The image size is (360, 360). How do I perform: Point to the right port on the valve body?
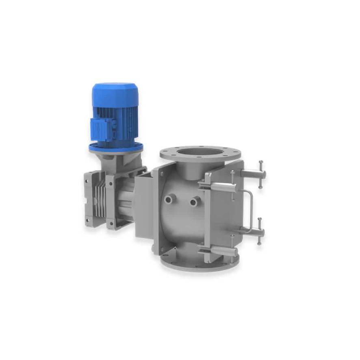tap(195, 201)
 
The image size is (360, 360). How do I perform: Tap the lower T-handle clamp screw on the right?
tap(258, 232)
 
